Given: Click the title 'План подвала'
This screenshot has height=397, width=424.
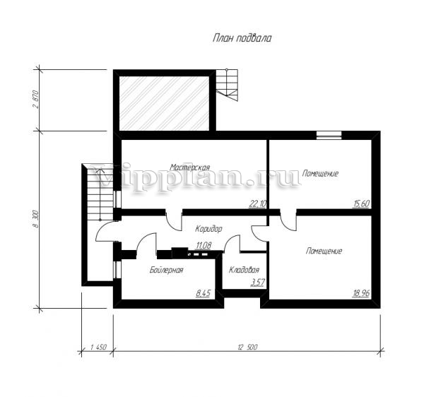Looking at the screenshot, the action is (x=242, y=38).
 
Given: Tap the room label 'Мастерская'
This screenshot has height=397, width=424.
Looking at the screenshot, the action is (x=190, y=167).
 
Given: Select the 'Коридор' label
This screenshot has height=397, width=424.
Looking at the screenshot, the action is (x=208, y=229).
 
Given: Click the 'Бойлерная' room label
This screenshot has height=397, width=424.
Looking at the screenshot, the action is (x=166, y=270).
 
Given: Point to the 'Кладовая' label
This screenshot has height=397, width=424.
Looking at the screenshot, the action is (x=244, y=270).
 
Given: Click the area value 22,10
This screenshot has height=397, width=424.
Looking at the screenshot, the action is (x=257, y=204).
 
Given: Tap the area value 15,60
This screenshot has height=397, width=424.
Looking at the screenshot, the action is (x=361, y=203).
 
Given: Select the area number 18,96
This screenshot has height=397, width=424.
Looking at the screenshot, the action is (x=361, y=293).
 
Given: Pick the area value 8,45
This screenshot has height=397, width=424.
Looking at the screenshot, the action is (x=203, y=293).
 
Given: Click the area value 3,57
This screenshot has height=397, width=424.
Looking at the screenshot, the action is (x=257, y=283).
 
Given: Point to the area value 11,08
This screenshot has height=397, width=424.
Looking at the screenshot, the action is (x=204, y=245).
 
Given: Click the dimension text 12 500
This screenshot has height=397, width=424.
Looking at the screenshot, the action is (x=247, y=347).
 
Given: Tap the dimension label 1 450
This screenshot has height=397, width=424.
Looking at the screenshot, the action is (x=98, y=347).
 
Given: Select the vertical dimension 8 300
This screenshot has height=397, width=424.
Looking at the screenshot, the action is (x=36, y=220).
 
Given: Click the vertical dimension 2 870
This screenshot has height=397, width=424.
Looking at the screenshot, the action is (x=36, y=99).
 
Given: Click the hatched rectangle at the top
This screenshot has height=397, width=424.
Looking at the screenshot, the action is (x=164, y=104).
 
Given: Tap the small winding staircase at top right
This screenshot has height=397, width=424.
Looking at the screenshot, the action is (x=227, y=85).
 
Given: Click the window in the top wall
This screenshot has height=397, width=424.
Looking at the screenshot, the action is (x=329, y=135).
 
